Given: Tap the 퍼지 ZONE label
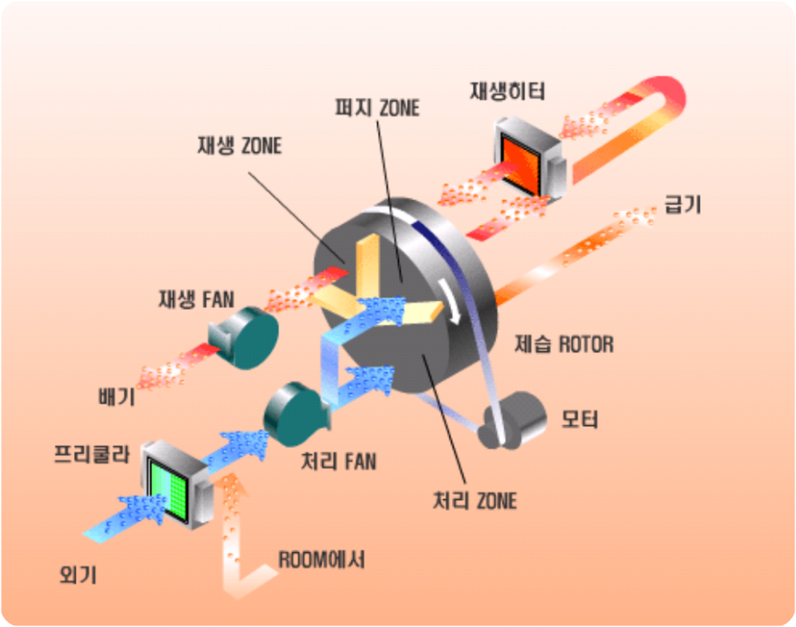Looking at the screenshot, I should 376,108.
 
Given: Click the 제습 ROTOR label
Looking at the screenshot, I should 565,342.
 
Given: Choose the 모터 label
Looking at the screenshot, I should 579,419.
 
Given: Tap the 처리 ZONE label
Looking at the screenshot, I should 475,499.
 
